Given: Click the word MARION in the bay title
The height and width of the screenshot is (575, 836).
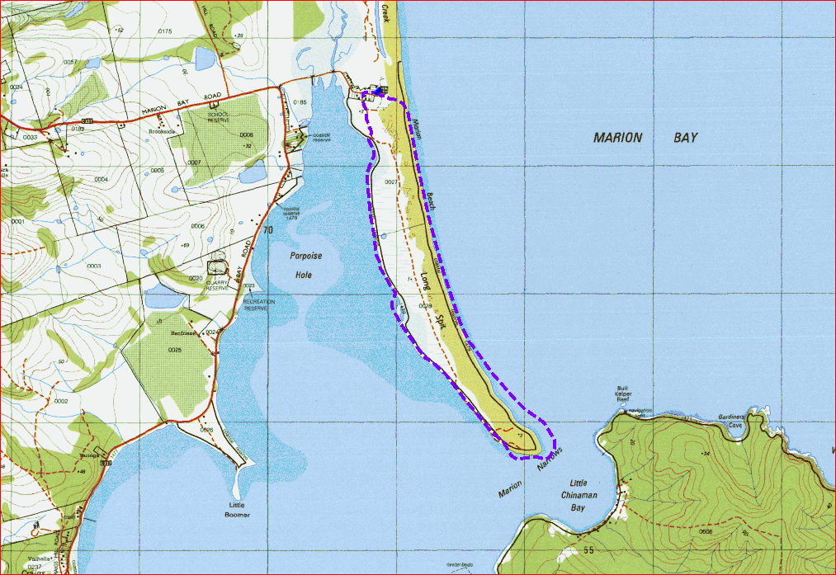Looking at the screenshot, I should click(617, 138).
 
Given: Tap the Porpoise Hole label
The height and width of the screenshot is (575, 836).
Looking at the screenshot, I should click(305, 266).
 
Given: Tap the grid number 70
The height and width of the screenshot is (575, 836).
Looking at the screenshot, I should click(267, 230).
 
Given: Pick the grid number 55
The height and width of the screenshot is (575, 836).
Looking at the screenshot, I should click(588, 549).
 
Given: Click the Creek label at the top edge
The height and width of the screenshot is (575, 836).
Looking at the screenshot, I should click(385, 12).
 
